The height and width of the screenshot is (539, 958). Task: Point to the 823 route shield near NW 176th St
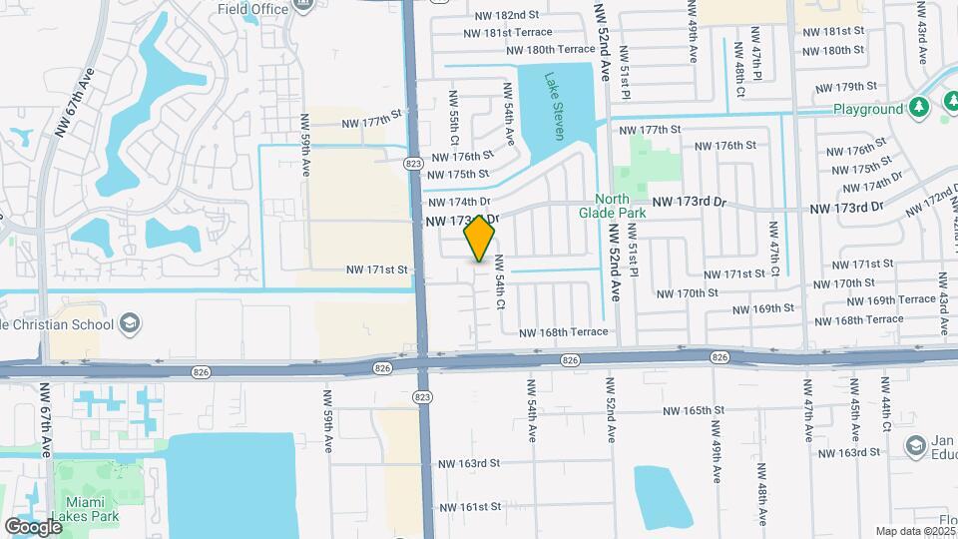(412, 162)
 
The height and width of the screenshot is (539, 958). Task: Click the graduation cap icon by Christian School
(130, 322)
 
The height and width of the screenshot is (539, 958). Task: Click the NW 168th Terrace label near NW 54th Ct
(562, 331)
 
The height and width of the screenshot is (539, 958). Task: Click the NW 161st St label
(467, 506)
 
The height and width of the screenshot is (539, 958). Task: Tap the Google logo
(33, 526)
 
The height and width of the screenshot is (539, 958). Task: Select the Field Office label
(252, 9)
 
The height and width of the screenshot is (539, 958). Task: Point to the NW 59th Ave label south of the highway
(327, 420)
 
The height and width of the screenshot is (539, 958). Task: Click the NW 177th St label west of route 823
(370, 122)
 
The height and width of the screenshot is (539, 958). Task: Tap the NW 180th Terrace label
(550, 49)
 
